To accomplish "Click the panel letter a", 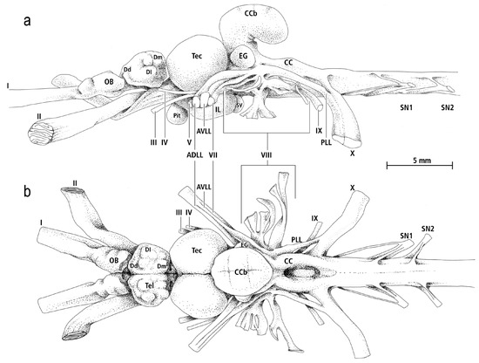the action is coord(27,21).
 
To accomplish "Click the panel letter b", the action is coord(28,192).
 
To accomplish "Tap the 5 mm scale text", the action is coord(422,160).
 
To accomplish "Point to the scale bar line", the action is coord(420,166).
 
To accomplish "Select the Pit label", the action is coord(177,116).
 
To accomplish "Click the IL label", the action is coord(218,110).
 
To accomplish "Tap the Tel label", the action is coord(150,285).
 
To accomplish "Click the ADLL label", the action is coord(194,154).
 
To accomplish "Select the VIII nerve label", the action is coord(267,155).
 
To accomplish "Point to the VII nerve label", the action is coord(213,154).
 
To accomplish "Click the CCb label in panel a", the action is coord(251,13).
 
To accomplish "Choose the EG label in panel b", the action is coord(244,244).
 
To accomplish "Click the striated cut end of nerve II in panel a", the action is coord(41,134).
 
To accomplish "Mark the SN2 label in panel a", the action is coord(448,107).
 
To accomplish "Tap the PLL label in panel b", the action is coord(296,240).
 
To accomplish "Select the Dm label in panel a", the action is coord(158,57).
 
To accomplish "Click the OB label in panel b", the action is coord(113,260).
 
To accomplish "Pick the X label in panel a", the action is coord(353,154).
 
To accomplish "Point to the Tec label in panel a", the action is coord(197,56).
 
